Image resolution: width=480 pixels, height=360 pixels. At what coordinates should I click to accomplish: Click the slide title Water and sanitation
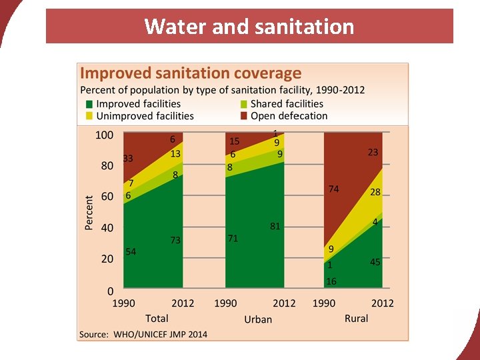point(249,27)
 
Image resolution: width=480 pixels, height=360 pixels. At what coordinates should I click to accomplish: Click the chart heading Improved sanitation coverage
point(191,73)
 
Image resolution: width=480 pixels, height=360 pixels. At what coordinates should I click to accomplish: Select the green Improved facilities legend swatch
point(89,104)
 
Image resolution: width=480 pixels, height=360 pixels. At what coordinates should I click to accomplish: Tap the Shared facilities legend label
point(287,104)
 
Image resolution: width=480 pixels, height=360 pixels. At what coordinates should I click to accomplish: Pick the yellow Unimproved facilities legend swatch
point(89,116)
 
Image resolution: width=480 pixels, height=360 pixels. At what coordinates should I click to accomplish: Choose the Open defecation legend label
point(289,116)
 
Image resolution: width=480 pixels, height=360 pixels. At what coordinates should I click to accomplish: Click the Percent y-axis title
point(89,213)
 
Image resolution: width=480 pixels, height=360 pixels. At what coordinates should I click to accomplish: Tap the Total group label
point(157,319)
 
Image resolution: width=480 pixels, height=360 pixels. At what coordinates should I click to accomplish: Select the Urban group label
point(258,319)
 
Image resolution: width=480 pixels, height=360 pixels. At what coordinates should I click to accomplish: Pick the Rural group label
point(356,319)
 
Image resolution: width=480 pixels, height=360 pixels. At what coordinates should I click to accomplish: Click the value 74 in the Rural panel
point(333,189)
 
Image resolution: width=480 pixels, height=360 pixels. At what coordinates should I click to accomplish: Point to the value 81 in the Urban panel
point(275,227)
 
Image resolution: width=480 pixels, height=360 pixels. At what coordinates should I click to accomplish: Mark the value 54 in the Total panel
point(131,252)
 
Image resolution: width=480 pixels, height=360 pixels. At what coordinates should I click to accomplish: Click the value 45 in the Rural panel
point(375,263)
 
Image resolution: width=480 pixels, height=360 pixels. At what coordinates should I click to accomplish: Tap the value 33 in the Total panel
point(128,159)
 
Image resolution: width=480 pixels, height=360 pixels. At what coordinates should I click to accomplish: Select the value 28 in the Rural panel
point(375,192)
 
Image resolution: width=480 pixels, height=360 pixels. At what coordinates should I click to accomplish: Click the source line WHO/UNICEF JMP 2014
point(143,334)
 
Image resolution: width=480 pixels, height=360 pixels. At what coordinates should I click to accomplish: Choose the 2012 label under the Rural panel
point(383,303)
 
